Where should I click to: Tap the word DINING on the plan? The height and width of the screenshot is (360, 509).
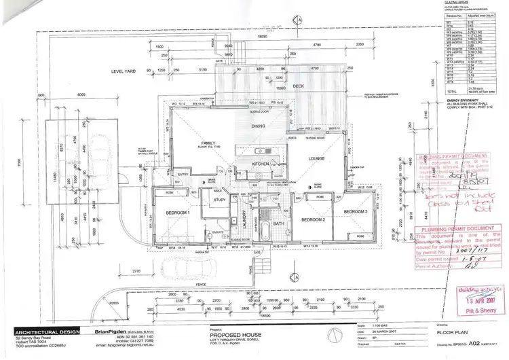[258, 126]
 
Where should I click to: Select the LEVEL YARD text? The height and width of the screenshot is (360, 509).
[126, 71]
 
